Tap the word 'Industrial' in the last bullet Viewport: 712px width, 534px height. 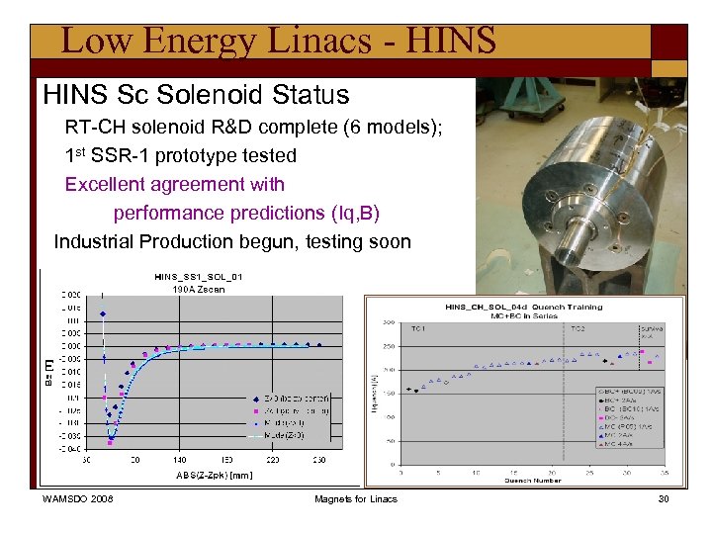(x=94, y=241)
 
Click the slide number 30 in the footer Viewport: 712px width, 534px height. (x=664, y=499)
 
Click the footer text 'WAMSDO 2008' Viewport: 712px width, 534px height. (x=78, y=499)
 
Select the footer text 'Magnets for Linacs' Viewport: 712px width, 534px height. (x=356, y=499)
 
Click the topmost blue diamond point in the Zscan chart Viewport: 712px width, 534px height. (x=103, y=314)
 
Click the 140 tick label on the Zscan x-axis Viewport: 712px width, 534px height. (x=179, y=460)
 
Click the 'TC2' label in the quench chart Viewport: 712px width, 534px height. (x=577, y=328)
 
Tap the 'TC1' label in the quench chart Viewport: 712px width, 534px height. (x=417, y=328)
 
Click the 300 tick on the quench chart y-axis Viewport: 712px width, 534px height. (x=389, y=323)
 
